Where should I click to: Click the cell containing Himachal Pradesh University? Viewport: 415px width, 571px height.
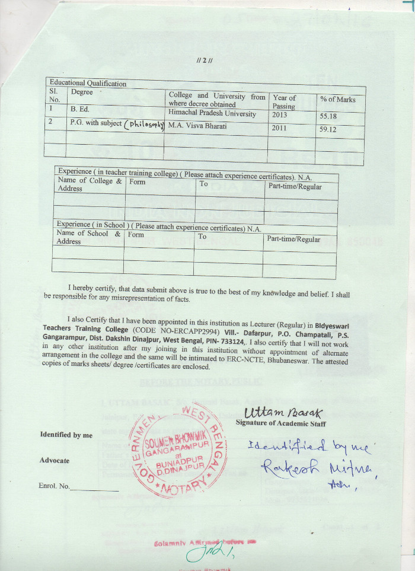click(212, 113)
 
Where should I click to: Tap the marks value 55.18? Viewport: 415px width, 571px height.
click(330, 117)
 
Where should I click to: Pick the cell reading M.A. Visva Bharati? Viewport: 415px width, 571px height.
click(197, 125)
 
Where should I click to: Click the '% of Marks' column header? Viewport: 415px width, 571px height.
click(338, 100)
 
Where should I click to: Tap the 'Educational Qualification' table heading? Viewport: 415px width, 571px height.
click(88, 83)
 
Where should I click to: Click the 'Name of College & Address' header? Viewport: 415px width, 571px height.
click(90, 184)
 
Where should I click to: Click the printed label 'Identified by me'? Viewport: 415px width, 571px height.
click(66, 435)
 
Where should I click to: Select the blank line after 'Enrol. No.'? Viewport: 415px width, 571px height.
click(94, 489)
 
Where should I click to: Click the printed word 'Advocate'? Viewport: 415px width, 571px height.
click(55, 461)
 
